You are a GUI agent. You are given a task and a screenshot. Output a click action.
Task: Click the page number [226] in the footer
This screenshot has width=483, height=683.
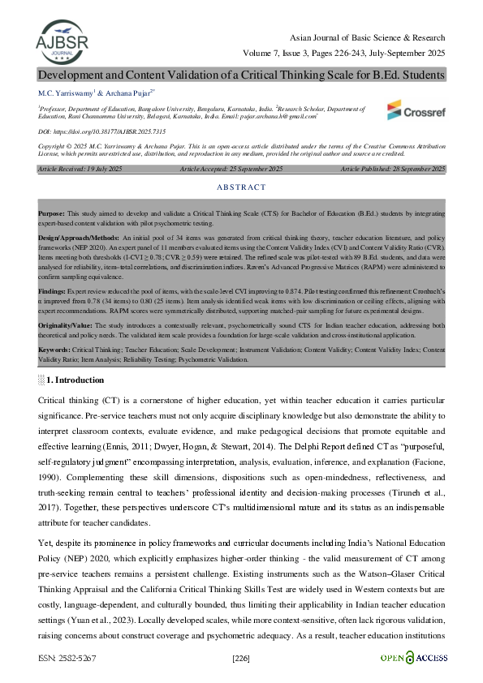click(x=242, y=658)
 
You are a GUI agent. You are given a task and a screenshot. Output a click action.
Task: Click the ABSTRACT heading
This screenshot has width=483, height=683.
click(x=241, y=187)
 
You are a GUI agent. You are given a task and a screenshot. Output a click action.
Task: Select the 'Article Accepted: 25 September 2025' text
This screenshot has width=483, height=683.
click(x=231, y=169)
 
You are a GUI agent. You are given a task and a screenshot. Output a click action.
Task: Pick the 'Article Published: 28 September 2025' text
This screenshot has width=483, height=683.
click(x=393, y=169)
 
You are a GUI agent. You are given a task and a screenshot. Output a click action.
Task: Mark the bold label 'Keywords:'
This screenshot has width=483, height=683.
click(x=54, y=349)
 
